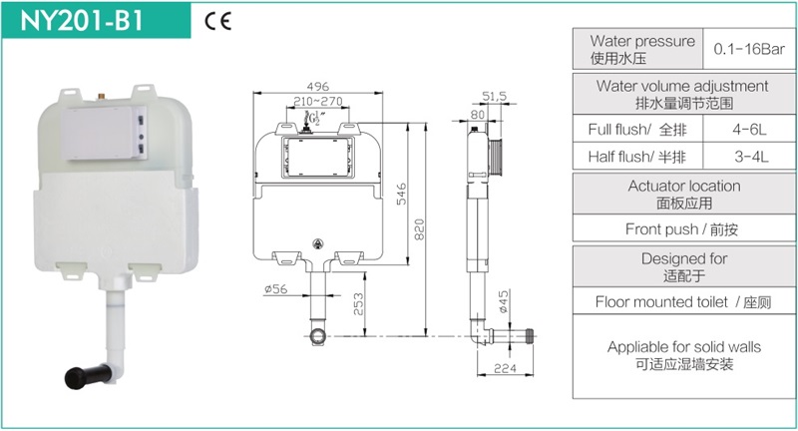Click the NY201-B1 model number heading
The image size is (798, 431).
coord(82,20)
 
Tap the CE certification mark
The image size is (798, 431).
coord(217,21)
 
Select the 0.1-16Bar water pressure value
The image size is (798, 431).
coord(749,49)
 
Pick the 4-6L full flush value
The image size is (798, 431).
coord(749,130)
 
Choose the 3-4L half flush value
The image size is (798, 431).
coord(751,157)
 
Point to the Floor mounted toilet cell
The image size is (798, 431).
coord(684,301)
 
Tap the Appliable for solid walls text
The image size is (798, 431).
coord(684,347)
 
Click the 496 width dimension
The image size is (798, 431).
coord(317,87)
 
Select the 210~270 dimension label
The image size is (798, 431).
coord(318,101)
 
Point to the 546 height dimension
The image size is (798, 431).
coord(402,194)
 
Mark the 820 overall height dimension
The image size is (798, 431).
coord(419,229)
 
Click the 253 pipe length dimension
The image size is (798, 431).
coord(358,304)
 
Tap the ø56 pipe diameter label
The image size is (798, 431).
coord(276,289)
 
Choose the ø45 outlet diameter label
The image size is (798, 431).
coord(504,301)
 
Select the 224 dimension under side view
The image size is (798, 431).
coord(505,368)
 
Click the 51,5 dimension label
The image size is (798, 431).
coord(494,96)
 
